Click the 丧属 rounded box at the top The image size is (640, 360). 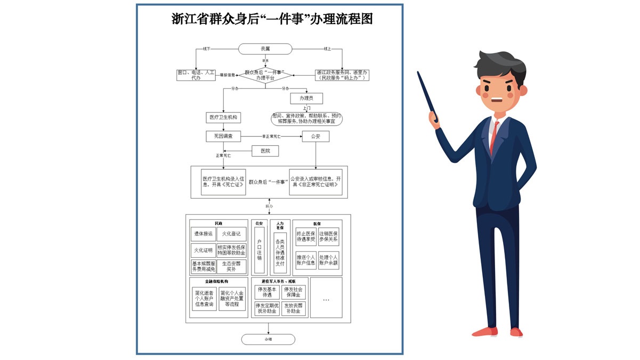coord(265,49)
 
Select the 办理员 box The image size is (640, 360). coord(306,99)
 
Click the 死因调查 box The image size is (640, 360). coord(223,137)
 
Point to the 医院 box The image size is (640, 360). coord(265,151)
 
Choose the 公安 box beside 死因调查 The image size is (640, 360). coord(315,137)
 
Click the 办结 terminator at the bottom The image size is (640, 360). coord(268,339)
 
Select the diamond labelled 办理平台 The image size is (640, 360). coord(265,75)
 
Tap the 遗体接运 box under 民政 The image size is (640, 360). coord(203,234)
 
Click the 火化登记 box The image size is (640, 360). coord(231,234)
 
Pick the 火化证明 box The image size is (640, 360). coord(203,250)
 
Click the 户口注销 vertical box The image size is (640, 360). coord(260,249)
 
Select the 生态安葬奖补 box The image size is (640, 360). coord(231,266)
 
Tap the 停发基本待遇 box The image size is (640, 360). coord(265,292)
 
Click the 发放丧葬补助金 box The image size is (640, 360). coord(294,308)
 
